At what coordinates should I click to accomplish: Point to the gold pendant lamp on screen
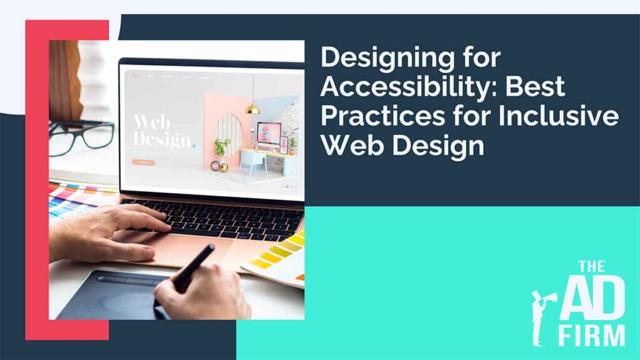[252, 107]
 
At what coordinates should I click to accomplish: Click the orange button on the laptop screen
[143, 162]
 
